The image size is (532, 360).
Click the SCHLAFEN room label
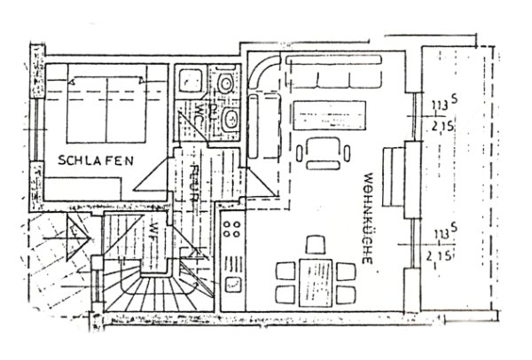pyautogui.click(x=97, y=160)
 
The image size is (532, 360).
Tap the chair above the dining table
pyautogui.click(x=314, y=243)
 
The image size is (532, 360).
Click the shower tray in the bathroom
pyautogui.click(x=190, y=82)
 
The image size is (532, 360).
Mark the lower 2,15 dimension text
pyautogui.click(x=435, y=254)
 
